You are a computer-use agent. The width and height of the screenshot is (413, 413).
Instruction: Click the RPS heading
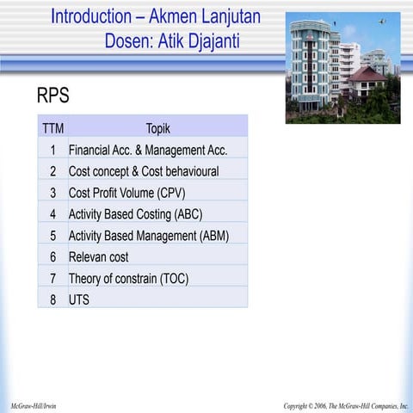click(x=52, y=96)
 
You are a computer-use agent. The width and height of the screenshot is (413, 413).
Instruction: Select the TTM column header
click(x=52, y=129)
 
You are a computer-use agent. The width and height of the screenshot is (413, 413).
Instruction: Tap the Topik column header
click(x=157, y=129)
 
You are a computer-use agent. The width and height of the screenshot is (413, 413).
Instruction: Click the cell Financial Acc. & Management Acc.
click(x=147, y=151)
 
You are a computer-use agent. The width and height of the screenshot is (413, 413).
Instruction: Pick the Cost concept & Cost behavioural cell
click(x=144, y=171)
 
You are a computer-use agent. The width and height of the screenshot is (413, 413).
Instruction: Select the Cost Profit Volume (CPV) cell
click(x=126, y=193)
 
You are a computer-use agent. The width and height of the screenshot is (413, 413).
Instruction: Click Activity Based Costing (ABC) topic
click(x=135, y=214)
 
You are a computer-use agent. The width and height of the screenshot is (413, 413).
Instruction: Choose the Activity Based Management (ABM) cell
click(x=148, y=235)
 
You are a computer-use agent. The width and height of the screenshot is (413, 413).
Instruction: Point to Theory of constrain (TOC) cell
click(x=128, y=278)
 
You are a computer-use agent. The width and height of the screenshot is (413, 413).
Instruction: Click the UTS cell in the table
click(x=79, y=299)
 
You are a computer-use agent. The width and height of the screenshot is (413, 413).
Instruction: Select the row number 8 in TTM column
click(x=52, y=299)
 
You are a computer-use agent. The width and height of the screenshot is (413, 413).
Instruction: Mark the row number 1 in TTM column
click(x=52, y=151)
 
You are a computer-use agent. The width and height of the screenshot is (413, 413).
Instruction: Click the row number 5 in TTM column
click(x=52, y=235)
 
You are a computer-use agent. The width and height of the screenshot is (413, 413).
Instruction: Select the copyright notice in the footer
click(x=346, y=405)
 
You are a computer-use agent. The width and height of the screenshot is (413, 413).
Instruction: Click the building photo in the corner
click(x=342, y=67)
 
